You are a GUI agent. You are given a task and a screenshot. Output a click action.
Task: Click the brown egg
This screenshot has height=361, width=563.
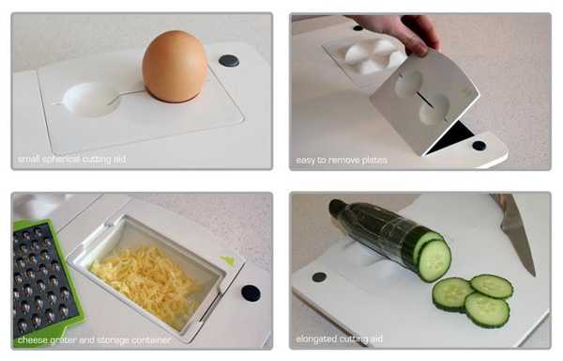[x=175, y=67]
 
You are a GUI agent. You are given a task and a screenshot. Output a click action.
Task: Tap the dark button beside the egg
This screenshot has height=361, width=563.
[x=229, y=61]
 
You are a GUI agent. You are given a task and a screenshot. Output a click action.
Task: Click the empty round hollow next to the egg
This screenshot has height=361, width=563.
[x=90, y=100]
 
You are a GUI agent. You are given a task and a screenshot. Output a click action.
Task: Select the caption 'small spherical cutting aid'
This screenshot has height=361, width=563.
[x=71, y=159]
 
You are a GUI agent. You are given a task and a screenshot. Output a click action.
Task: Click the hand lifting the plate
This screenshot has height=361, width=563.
[x=403, y=32]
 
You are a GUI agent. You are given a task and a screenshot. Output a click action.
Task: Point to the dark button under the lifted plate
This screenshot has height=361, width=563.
[x=479, y=146]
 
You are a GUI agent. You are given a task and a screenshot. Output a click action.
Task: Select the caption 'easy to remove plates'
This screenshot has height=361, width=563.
[x=342, y=160]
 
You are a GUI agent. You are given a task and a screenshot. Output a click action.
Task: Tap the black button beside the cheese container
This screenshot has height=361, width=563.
[x=251, y=293]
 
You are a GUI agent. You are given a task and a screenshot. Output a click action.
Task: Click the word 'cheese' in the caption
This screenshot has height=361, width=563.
[x=32, y=340]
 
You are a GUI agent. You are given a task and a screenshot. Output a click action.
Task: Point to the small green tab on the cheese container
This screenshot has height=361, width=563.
[x=228, y=260]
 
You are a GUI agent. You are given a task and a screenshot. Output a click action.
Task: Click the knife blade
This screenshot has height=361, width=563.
[x=516, y=237]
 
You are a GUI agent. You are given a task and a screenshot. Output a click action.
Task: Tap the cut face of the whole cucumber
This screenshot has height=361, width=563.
[x=434, y=260]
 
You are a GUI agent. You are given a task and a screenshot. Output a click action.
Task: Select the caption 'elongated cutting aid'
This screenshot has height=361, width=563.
[x=339, y=339]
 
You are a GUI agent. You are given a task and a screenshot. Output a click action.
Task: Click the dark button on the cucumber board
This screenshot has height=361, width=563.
[x=319, y=277]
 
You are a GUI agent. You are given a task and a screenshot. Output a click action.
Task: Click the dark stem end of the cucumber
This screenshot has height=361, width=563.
[x=337, y=208]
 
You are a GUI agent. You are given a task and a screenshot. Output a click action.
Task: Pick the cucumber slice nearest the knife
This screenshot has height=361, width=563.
[x=492, y=287]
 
